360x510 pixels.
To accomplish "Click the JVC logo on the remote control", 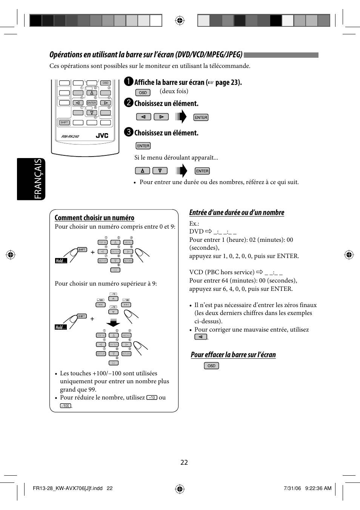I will click(102, 136).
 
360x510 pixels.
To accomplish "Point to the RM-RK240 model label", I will click(70, 137).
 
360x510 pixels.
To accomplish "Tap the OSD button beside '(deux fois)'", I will click(143, 92).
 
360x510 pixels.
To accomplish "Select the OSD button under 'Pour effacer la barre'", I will click(211, 366).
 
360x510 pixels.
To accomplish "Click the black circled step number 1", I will click(129, 82).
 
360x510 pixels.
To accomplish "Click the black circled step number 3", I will click(129, 132).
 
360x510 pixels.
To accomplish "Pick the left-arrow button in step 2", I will click(143, 117).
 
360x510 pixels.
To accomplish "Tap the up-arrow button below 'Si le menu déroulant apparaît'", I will click(143, 171).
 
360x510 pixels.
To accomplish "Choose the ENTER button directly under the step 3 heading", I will click(143, 146).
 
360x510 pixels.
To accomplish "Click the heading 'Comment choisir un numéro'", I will click(94, 218).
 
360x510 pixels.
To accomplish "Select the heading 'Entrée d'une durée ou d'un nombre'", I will click(237, 212).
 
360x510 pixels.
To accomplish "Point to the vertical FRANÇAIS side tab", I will click(38, 179).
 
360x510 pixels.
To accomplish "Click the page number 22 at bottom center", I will click(184, 462).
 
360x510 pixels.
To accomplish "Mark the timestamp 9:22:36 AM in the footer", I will click(318, 488).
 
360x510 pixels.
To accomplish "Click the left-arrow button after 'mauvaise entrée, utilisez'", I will click(201, 337).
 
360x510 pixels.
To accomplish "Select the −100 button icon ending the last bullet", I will click(66, 406).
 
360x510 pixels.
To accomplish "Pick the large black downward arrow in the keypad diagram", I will click(113, 323).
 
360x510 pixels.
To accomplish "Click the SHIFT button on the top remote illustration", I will click(64, 123).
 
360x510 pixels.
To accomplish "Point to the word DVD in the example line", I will click(196, 232).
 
